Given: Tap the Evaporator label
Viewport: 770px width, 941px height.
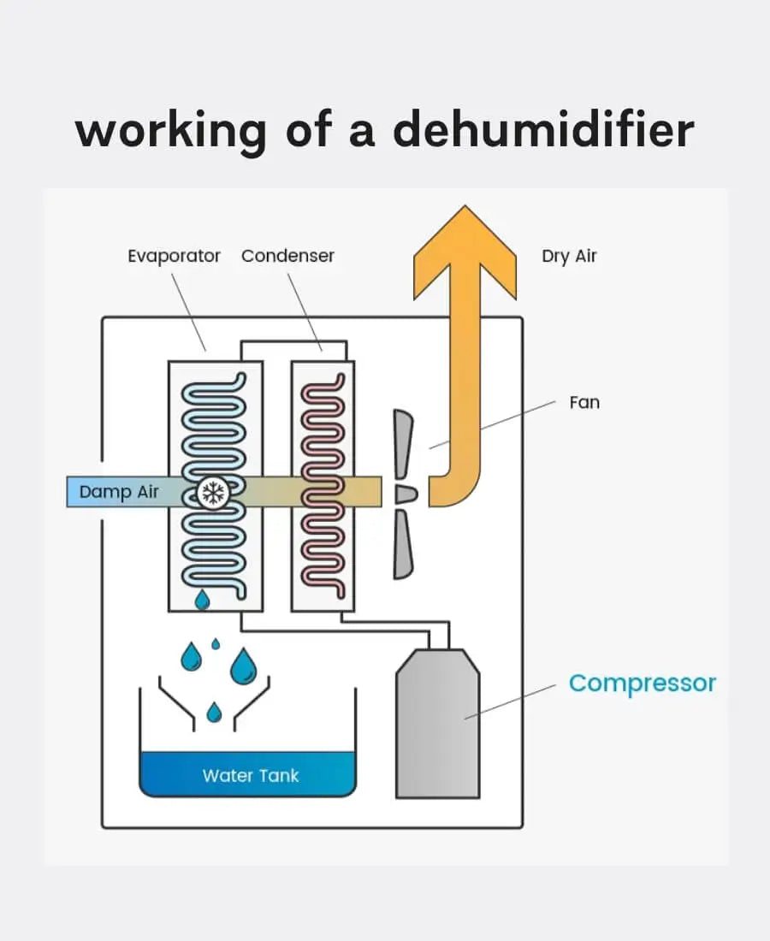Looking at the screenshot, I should click(x=174, y=256).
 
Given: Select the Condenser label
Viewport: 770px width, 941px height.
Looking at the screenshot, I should click(x=287, y=256).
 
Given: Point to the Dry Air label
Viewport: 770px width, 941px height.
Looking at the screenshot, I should click(x=569, y=257).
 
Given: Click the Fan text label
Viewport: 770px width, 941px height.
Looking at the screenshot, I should click(x=584, y=401).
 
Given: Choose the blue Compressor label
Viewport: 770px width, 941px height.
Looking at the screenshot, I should click(x=642, y=684).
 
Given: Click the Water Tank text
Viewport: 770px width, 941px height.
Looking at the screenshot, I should click(x=251, y=776).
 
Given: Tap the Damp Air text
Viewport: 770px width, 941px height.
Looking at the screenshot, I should click(x=118, y=493).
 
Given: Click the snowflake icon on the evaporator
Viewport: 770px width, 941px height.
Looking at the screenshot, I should click(x=211, y=492).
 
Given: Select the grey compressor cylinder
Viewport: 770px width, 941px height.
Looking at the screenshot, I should click(x=437, y=727).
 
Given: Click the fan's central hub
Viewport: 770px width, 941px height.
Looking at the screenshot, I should click(x=405, y=494).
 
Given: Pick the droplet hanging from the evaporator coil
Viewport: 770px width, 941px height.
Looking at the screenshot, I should click(x=202, y=601).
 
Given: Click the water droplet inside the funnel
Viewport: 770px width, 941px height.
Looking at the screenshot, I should click(x=215, y=711).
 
